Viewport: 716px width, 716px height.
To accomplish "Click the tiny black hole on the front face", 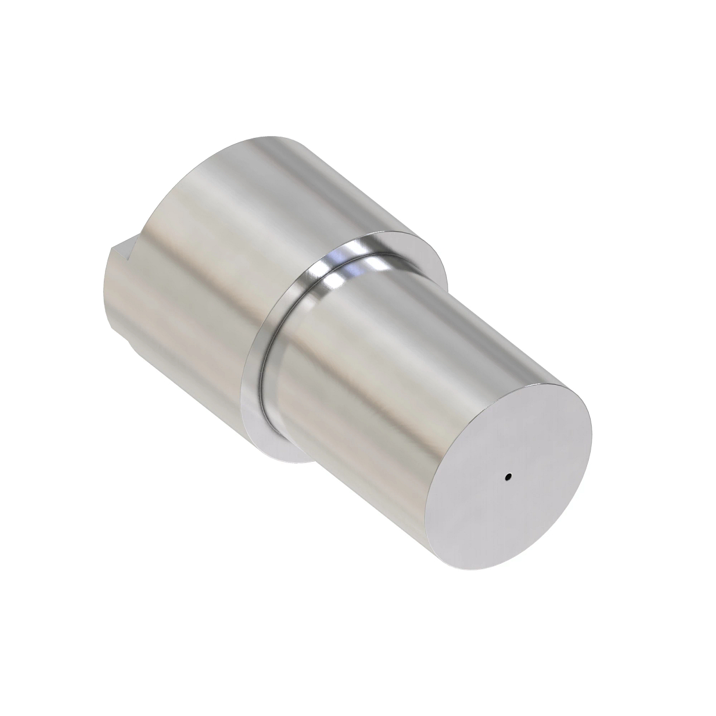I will click(508, 477).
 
